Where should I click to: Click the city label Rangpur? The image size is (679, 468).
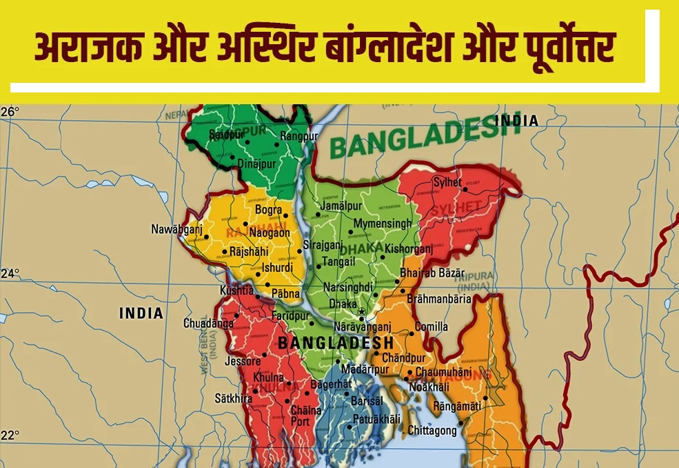pos(298,137)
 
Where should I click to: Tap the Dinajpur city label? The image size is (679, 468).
pos(256,164)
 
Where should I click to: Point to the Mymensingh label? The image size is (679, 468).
pos(383,224)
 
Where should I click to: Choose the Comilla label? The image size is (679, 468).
pos(432,326)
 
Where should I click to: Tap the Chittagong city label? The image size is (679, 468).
pos(432,431)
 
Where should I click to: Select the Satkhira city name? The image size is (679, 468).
pos(233,398)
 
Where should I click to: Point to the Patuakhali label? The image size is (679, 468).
pos(376,419)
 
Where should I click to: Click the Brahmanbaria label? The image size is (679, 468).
pos(439,299)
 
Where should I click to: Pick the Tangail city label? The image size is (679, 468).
pos(340,262)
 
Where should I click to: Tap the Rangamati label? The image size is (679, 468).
pos(457,407)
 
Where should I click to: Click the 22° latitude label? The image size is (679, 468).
pos(10,436)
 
